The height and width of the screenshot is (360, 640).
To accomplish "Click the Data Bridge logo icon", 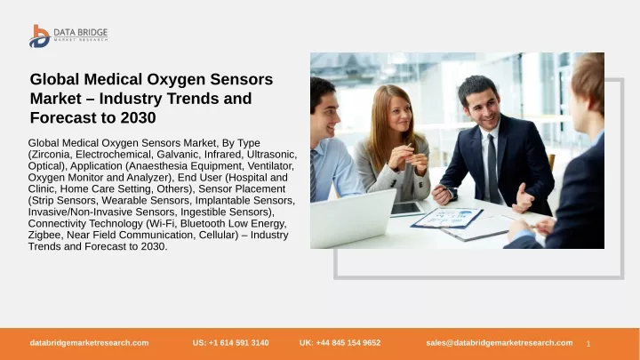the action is (40, 36).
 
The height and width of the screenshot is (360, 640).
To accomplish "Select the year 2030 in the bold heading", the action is (138, 117).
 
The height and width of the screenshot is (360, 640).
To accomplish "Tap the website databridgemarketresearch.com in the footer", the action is (89, 343).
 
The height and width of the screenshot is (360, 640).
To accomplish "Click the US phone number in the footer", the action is (230, 343).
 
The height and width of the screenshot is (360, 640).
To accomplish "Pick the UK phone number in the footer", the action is (340, 343).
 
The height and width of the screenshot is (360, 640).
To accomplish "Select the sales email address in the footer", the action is (500, 343).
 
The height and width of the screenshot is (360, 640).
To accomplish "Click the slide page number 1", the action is (588, 344).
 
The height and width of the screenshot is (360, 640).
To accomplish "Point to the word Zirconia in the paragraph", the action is (52, 155).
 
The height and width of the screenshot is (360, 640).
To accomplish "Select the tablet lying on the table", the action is (407, 209).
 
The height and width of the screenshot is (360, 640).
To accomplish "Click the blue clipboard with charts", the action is (447, 218).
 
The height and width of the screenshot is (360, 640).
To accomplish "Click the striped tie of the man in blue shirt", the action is (314, 175).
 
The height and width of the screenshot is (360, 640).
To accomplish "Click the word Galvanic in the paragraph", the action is (179, 155).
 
